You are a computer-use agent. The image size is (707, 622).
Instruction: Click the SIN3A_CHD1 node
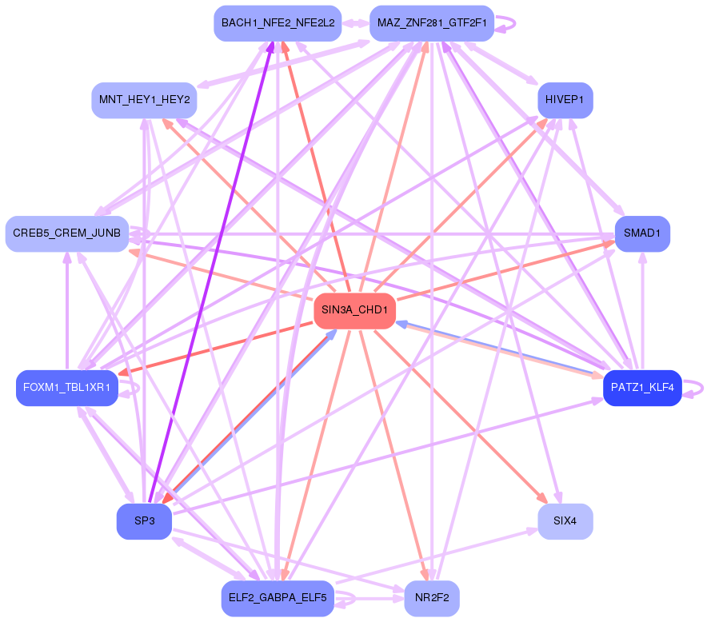[354, 310]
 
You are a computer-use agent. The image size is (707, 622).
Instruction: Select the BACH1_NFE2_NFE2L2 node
[278, 23]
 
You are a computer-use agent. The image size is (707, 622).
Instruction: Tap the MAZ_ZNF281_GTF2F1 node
[432, 23]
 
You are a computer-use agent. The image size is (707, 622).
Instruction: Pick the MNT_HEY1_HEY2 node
[144, 101]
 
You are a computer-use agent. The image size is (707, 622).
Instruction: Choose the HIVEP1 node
[565, 101]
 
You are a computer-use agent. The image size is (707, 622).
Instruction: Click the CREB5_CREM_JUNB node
[67, 233]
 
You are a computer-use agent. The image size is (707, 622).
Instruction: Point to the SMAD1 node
[641, 234]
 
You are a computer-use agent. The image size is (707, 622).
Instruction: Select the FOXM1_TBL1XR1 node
[67, 388]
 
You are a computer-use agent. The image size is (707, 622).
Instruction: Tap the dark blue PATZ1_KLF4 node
[641, 388]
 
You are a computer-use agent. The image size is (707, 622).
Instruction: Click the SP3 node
[144, 521]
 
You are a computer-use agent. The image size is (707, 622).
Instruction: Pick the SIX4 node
[565, 521]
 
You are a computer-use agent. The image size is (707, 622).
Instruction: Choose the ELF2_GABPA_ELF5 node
[278, 598]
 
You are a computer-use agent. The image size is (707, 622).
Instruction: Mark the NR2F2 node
[432, 598]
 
